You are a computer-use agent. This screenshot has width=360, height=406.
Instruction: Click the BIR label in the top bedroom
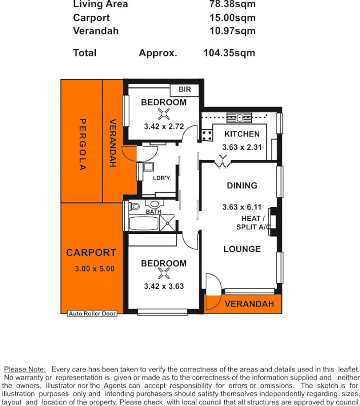coord(185,90)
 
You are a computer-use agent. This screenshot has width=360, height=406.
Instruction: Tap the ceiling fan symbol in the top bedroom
coord(163,114)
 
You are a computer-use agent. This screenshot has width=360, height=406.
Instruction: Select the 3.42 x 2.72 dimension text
coord(163,127)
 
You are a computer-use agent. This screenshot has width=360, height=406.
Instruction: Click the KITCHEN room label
coord(242,134)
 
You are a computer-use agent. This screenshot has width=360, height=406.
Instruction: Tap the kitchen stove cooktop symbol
coord(207,135)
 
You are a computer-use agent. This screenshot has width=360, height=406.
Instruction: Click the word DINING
coord(242,186)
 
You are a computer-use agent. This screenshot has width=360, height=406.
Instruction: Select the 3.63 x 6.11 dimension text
coord(242,207)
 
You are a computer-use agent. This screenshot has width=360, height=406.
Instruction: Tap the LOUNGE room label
coord(242,249)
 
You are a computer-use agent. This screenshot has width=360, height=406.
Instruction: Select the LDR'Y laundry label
coord(162,178)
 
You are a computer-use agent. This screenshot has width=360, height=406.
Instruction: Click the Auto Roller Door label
coord(92,314)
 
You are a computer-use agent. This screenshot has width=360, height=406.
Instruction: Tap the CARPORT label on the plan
coord(91,253)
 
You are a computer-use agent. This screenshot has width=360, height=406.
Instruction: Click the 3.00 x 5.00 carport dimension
coord(94,269)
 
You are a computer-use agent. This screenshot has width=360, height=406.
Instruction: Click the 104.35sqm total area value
coord(229,53)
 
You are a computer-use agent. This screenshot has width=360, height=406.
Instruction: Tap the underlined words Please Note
coord(25,369)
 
